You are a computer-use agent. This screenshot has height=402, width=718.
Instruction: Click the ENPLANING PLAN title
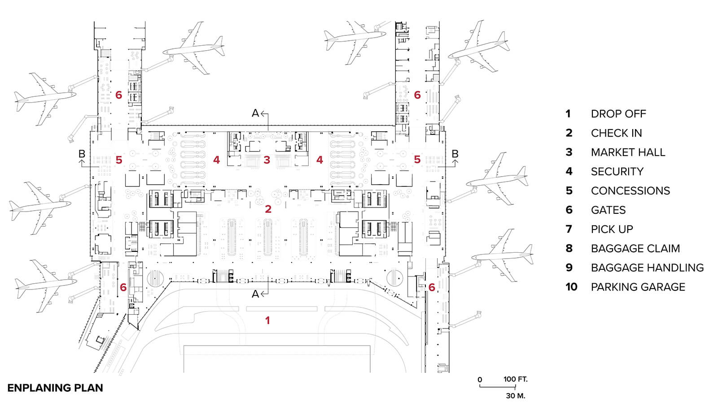[x=55, y=388]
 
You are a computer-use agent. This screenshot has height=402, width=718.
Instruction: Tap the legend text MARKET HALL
[x=628, y=152]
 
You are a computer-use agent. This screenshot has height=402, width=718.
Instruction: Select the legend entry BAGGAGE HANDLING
[x=647, y=268]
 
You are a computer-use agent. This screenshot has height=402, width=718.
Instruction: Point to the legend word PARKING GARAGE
[x=638, y=287]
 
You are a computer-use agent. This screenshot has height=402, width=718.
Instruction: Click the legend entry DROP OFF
[x=618, y=114]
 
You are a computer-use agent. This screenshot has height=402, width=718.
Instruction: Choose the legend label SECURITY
[x=617, y=172]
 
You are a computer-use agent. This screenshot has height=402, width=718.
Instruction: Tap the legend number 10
[x=571, y=287]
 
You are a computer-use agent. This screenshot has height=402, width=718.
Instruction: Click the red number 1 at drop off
[x=267, y=320]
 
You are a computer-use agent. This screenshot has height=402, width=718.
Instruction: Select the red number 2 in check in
[x=268, y=209]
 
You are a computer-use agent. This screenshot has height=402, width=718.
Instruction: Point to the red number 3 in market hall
[x=267, y=160]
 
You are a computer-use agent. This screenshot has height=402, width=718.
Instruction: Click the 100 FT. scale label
[x=515, y=379]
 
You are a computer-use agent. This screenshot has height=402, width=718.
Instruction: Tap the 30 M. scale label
[x=516, y=396]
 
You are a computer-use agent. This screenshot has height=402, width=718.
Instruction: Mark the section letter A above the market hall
[x=255, y=113]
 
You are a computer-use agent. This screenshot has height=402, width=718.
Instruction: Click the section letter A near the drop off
[x=255, y=294]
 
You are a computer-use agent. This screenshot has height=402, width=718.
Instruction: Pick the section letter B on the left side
[x=82, y=154]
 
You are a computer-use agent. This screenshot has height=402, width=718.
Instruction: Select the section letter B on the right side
[x=455, y=154]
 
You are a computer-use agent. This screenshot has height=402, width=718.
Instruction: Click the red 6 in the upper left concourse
[x=118, y=95]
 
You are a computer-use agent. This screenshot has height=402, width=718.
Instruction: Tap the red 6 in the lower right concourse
[x=432, y=287]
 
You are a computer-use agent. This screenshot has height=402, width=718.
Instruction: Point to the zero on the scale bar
[x=480, y=380]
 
